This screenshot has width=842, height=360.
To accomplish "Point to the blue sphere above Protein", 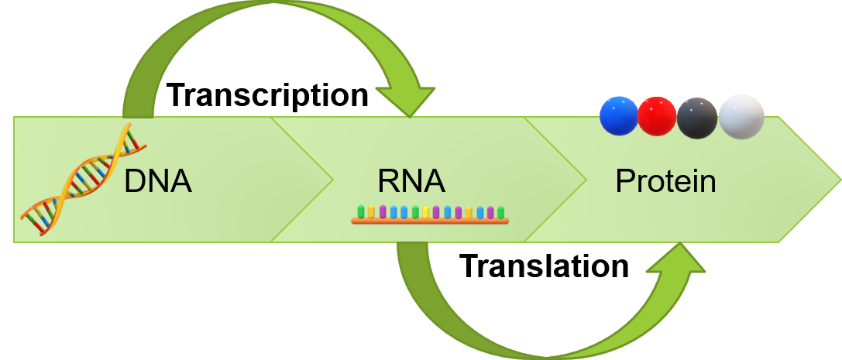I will (x=619, y=115).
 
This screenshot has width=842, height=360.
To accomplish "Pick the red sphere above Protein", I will (x=657, y=116).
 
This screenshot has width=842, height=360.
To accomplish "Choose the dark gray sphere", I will (x=697, y=118).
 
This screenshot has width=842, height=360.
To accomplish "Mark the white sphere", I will (x=741, y=116).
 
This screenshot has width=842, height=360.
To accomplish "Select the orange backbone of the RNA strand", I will (x=430, y=221).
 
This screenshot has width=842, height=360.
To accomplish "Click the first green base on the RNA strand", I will (x=361, y=211).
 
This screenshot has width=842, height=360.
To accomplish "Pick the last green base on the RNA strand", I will (x=500, y=211).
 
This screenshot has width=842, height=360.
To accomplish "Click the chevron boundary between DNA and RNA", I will (x=332, y=180).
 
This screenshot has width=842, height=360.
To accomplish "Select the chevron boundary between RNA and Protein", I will (x=585, y=180).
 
